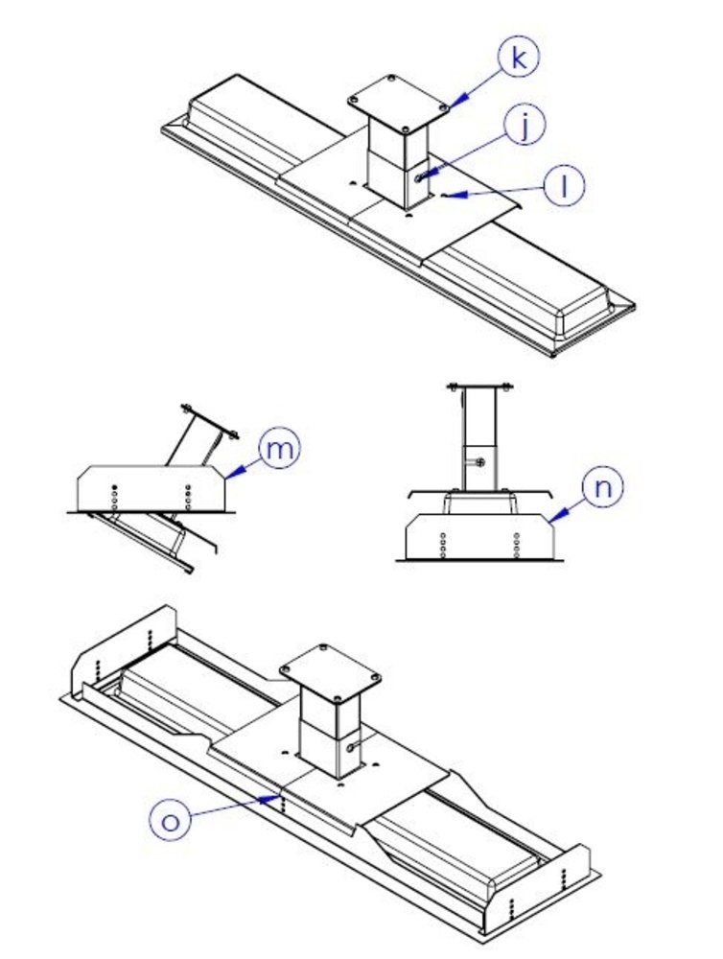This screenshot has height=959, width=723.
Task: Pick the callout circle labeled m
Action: (278, 449)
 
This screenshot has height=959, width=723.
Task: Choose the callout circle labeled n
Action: (600, 487)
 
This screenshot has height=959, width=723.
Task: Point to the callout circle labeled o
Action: (171, 820)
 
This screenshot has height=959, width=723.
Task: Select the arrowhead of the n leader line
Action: (551, 517)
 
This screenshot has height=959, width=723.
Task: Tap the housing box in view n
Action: (479, 538)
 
